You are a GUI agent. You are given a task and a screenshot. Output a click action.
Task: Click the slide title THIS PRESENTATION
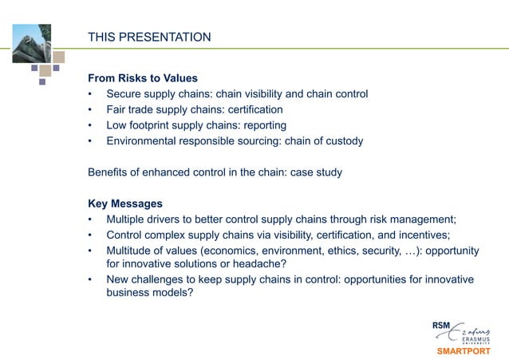point(149,38)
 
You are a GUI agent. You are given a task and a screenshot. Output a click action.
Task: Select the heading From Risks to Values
point(142,79)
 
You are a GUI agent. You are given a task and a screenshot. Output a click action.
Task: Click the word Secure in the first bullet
point(125,94)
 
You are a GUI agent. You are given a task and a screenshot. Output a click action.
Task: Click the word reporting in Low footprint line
point(259,125)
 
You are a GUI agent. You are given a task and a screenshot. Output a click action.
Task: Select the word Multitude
point(130,251)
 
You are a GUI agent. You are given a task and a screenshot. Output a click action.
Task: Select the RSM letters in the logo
point(440,326)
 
